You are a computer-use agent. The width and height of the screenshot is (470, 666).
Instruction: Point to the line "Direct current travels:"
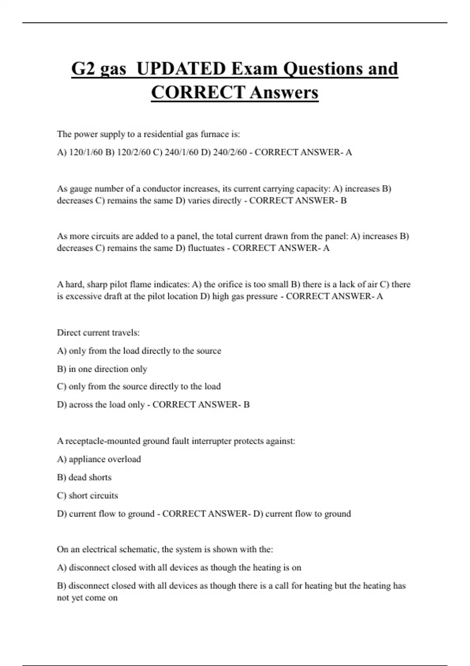point(98,333)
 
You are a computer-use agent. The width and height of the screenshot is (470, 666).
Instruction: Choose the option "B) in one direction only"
point(102,369)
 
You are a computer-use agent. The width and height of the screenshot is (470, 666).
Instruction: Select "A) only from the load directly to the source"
point(139,351)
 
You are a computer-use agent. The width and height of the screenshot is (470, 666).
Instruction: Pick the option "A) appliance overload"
point(99,459)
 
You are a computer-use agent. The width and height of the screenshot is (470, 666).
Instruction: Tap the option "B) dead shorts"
point(84,477)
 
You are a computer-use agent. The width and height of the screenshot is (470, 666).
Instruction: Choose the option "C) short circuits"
point(87,496)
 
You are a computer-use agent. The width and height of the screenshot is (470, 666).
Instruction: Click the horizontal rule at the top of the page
point(235,23)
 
